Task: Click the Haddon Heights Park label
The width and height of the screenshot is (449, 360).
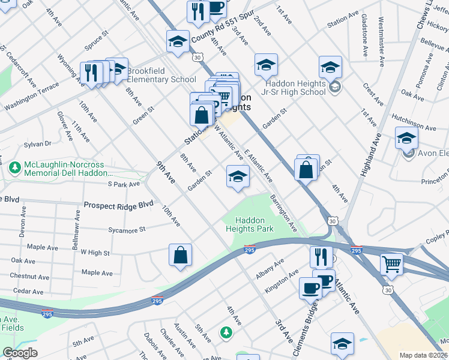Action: pos(249,224)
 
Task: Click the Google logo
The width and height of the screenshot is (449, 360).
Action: pos(20,353)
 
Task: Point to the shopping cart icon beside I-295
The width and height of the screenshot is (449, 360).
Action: pos(391,263)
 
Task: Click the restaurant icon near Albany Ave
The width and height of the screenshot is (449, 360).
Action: pos(321,257)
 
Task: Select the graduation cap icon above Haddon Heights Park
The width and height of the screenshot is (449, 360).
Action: pos(238,176)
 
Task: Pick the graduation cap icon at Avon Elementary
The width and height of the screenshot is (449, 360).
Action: pos(406,138)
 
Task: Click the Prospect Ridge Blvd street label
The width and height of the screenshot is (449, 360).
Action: pos(119,205)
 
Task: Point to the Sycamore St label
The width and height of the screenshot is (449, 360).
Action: pos(125,230)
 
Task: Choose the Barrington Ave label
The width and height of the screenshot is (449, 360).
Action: pos(283,213)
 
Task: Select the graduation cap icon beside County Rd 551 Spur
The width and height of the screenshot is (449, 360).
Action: pos(178,41)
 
